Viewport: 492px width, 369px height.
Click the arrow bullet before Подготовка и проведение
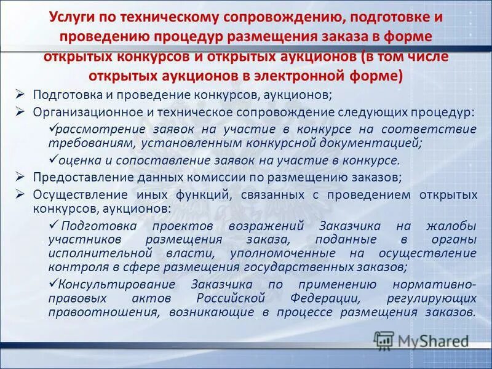20,94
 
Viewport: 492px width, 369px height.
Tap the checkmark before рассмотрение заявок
52,129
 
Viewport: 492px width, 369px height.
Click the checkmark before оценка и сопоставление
52,161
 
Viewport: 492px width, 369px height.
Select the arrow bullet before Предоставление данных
20,177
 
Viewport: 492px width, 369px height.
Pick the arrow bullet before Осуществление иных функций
20,195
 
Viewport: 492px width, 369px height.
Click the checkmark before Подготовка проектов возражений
54,225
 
